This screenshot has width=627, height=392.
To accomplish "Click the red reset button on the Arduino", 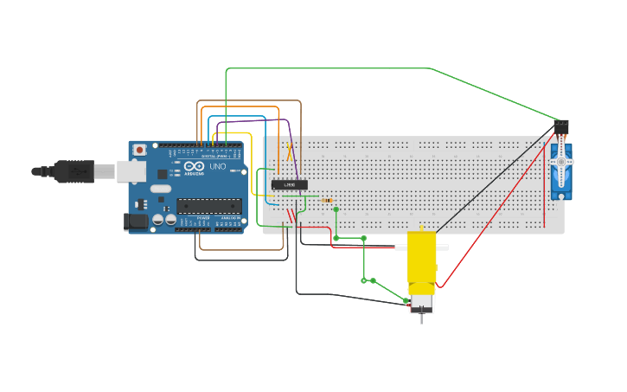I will (x=139, y=151).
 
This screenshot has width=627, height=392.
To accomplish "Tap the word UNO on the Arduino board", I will (x=218, y=166).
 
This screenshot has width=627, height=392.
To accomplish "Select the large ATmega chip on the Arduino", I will (x=208, y=206).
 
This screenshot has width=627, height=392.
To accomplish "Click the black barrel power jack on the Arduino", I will (x=136, y=222).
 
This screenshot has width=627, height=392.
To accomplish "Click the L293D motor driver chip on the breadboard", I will (x=289, y=184).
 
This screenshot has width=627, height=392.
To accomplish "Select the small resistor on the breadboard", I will (x=327, y=201).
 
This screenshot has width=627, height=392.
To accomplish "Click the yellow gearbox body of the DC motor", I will (x=421, y=258).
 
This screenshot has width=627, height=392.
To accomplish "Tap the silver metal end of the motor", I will (x=421, y=304).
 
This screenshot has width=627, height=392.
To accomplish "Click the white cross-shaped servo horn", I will (x=561, y=162).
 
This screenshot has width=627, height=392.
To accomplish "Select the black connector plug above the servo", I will (x=561, y=126).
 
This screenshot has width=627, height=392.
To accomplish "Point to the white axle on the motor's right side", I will (x=442, y=247).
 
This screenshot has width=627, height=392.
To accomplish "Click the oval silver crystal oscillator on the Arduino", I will (x=161, y=188).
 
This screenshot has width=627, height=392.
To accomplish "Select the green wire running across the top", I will (x=329, y=68).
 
